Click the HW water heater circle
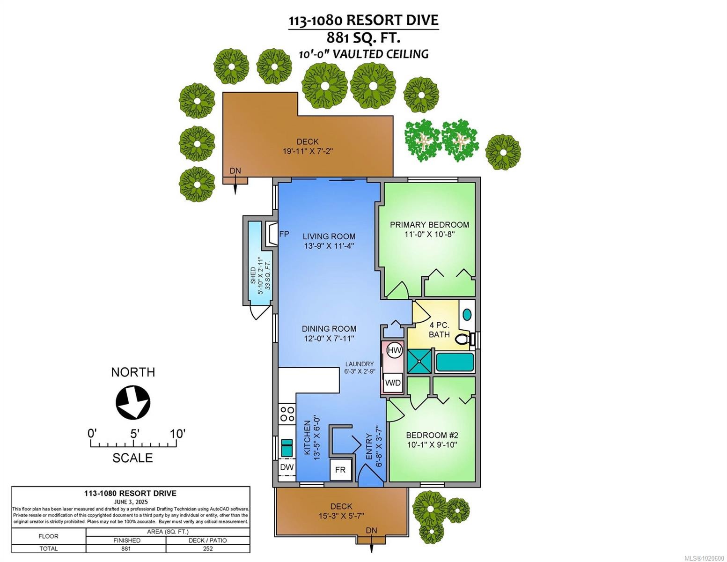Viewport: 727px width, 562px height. click(395, 350)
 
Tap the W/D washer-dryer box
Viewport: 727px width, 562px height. click(393, 383)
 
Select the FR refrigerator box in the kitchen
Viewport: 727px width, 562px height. click(340, 469)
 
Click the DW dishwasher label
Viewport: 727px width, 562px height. click(286, 467)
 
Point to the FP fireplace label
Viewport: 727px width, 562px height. click(284, 234)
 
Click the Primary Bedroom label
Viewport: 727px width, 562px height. click(429, 225)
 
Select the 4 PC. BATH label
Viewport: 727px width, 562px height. click(439, 330)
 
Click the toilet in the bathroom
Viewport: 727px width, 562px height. click(463, 338)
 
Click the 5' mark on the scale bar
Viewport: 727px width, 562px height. click(134, 434)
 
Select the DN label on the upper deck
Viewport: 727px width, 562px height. click(235, 171)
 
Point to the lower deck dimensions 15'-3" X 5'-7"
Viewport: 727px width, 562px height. click(341, 516)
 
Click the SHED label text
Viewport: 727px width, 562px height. click(253, 275)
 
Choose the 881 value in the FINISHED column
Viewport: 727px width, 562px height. click(126, 548)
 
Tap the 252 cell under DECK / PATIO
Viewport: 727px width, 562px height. click(208, 548)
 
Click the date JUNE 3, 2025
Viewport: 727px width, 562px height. click(130, 501)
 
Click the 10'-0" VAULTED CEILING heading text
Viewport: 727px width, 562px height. click(364, 54)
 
